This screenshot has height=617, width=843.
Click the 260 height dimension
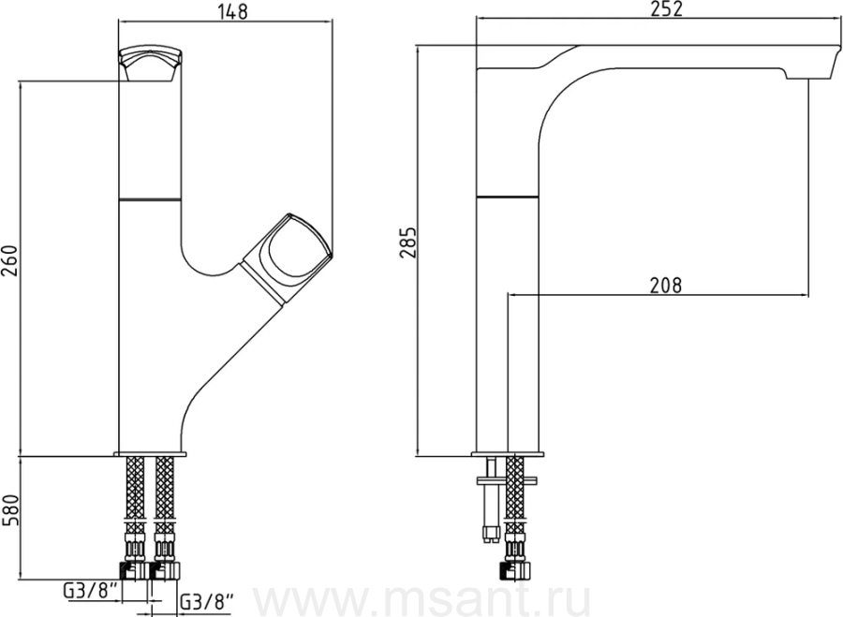[x=10, y=260]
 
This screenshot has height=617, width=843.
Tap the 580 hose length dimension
[x=10, y=510]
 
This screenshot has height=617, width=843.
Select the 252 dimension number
[x=666, y=8]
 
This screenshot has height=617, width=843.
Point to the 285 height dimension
[x=408, y=242]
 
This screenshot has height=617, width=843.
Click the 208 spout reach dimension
[x=666, y=285]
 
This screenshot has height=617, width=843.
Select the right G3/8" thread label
[x=208, y=601]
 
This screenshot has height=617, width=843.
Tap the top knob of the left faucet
[x=151, y=65]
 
